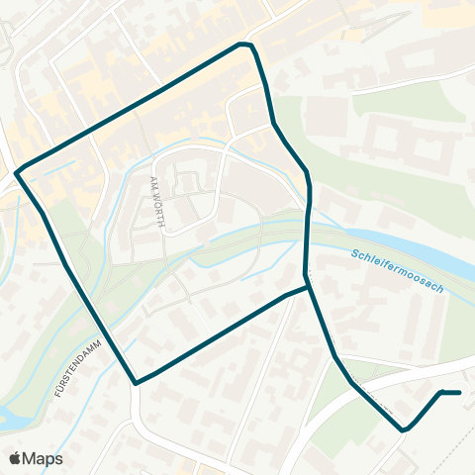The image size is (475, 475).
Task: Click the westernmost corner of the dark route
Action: pyautogui.click(x=17, y=172)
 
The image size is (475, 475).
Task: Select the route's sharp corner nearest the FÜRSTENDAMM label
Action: pyautogui.click(x=136, y=383)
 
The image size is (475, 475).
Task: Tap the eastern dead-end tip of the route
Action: pyautogui.click(x=460, y=393)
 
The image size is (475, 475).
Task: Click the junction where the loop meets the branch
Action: pyautogui.click(x=307, y=286)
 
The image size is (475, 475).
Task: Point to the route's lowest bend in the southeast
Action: pyautogui.click(x=404, y=430)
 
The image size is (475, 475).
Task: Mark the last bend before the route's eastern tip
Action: pyautogui.click(x=441, y=393)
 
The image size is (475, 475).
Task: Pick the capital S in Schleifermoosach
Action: pyautogui.click(x=354, y=254)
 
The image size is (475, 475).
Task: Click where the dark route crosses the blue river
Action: pyautogui.click(x=307, y=228)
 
